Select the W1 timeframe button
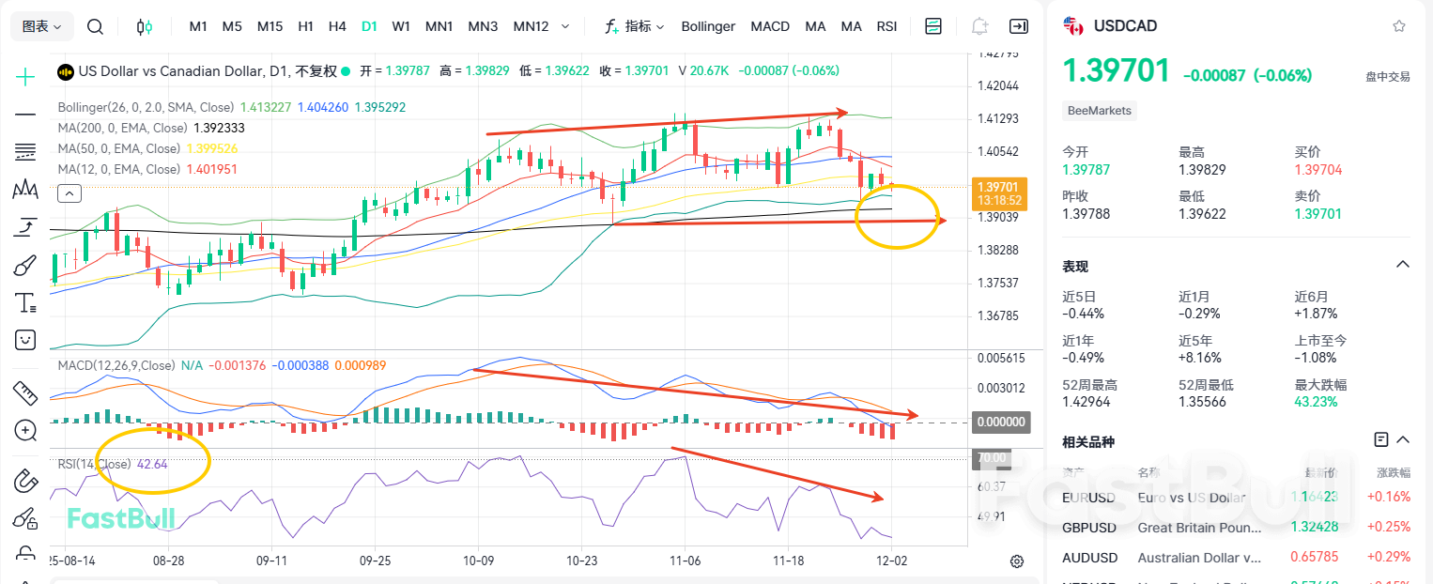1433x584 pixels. click(401, 26)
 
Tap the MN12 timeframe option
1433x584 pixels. click(531, 26)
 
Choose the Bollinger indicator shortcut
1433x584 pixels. click(708, 26)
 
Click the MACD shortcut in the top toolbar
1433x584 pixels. click(770, 26)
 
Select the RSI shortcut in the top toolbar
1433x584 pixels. click(886, 26)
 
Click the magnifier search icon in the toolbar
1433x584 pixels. click(95, 26)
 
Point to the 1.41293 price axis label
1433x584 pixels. click(997, 118)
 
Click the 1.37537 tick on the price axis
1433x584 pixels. click(997, 283)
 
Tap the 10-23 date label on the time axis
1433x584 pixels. click(581, 560)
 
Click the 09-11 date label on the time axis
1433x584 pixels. click(271, 560)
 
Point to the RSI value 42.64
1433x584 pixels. click(152, 464)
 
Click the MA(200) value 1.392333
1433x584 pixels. click(218, 128)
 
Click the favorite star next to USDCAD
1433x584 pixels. click(1399, 26)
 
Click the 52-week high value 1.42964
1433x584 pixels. click(1086, 402)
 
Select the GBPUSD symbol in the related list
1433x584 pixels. click(1089, 528)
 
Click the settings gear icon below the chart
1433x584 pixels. click(1017, 561)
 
